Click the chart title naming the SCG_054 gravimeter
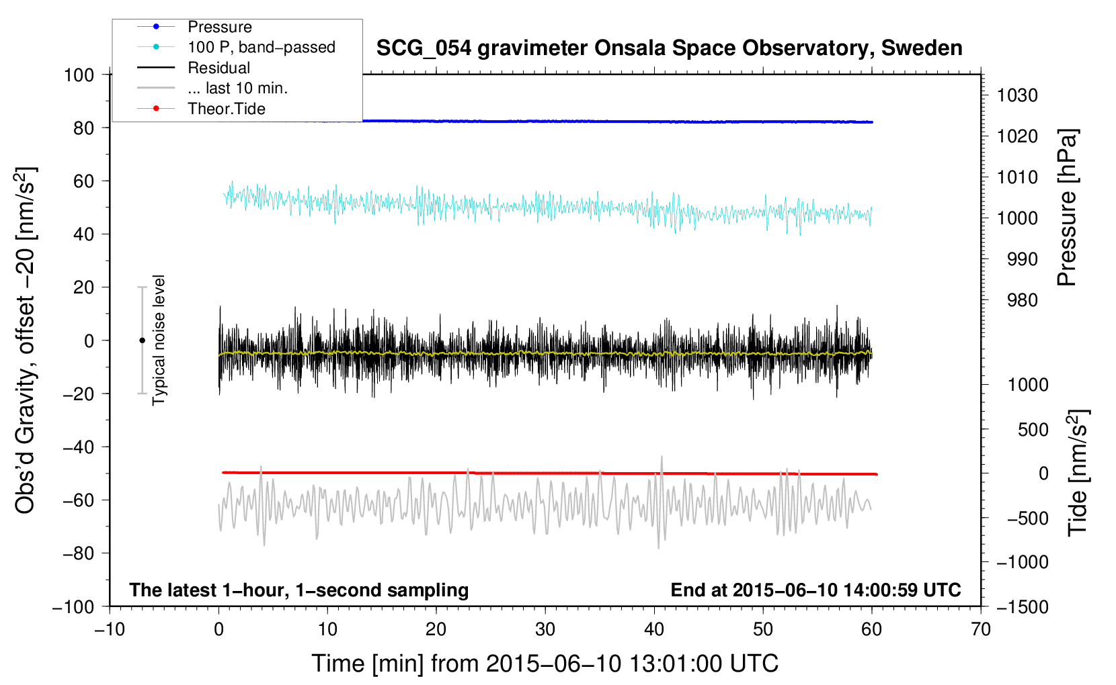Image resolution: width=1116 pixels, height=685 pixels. coord(669,48)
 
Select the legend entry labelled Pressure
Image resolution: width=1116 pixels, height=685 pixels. coord(219,27)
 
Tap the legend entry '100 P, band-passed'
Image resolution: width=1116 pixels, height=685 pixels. coord(261,47)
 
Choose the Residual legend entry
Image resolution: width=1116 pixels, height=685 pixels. coord(218,68)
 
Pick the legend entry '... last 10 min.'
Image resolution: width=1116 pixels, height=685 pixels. coord(237,88)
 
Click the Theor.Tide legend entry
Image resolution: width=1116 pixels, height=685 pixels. coord(226,109)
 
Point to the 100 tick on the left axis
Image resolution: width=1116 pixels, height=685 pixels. coord(79,75)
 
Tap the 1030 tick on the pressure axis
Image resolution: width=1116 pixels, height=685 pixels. coord(1017,95)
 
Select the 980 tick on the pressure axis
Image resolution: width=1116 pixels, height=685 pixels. coord(1022,300)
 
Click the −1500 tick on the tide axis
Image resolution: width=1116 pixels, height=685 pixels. coord(1023,607)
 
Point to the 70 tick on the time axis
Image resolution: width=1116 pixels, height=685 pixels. coord(981,630)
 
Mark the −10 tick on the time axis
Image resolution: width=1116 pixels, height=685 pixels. coord(110,630)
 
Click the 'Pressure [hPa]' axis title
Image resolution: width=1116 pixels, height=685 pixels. coord(1067,208)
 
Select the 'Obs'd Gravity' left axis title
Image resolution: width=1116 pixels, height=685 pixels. coord(26,340)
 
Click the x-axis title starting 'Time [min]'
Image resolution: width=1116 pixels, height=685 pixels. coord(545,664)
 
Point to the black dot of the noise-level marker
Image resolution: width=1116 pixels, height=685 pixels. coord(142,340)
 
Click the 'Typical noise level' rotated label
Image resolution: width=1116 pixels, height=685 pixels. coord(159,340)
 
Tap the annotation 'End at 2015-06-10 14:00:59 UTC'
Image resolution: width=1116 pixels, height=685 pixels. coord(815,590)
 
